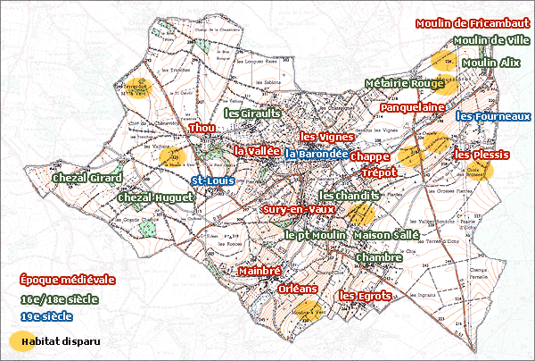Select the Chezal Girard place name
(86, 179)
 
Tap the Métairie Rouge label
(404, 84)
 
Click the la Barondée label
(317, 154)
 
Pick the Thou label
(202, 129)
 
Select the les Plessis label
(481, 155)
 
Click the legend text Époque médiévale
(66, 280)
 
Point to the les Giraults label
(252, 114)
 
